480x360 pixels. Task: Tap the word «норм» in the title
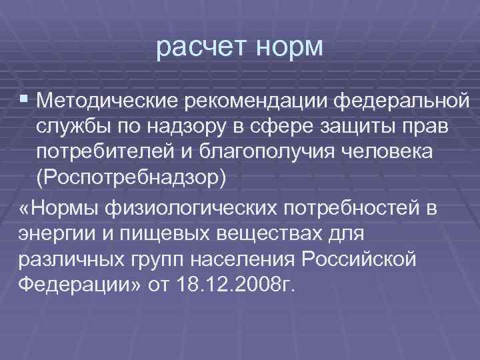point(287,48)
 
